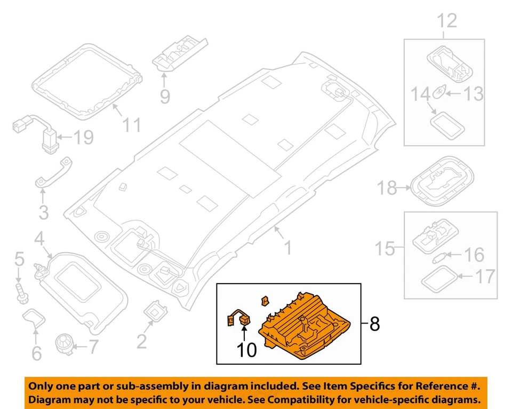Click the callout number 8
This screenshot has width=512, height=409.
(x=375, y=324)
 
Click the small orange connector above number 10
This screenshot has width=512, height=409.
(x=246, y=320)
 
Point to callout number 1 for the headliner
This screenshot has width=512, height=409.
(x=287, y=248)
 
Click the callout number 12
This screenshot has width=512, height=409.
(x=447, y=21)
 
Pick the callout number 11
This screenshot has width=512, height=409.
(x=132, y=125)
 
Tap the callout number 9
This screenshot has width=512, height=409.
(x=165, y=96)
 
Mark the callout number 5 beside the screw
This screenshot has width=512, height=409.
(x=19, y=260)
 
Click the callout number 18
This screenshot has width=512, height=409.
(x=388, y=188)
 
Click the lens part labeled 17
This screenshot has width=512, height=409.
(x=439, y=278)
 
